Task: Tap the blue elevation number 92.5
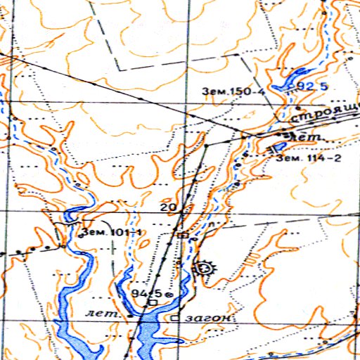[x=314, y=86]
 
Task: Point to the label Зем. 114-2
[x=309, y=157]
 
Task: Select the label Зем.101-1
[x=112, y=232]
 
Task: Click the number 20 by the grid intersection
[x=168, y=207]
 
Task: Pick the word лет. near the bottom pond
[x=97, y=311]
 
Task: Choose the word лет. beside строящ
[x=309, y=136]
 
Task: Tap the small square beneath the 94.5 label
[x=152, y=303]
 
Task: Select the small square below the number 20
[x=184, y=235]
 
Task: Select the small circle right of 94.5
[x=169, y=293]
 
